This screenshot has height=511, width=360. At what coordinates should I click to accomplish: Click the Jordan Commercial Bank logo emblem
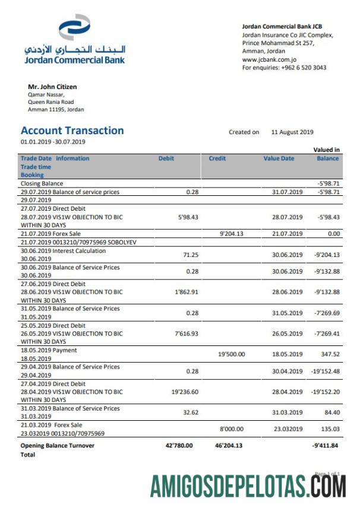[74, 28]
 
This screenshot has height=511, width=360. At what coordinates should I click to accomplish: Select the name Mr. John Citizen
[52, 87]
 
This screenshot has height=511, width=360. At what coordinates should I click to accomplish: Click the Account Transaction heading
[72, 131]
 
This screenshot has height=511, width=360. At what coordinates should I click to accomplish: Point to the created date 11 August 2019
[292, 132]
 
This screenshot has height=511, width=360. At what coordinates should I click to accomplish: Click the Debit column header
[166, 158]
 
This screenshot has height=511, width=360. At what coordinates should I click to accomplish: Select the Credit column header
[217, 158]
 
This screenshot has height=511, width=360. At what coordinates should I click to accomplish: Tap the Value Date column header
[279, 158]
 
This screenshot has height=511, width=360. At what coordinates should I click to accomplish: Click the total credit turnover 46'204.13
[229, 445]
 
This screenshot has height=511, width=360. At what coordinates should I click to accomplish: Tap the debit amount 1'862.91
[183, 292]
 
